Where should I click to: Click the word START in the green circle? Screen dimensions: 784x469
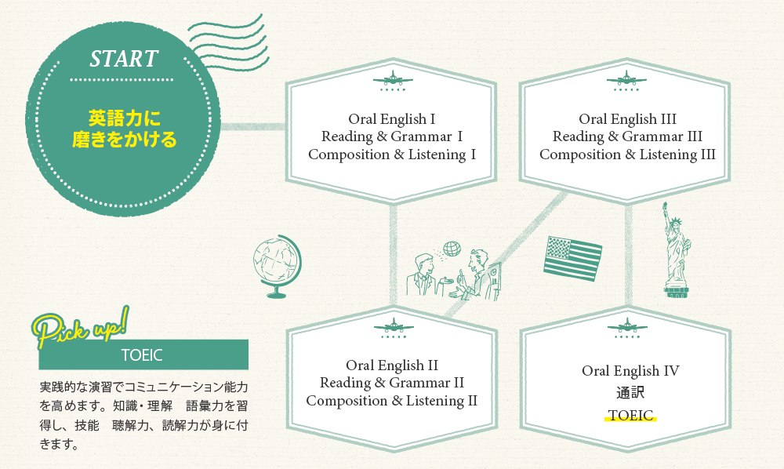[x=124, y=59]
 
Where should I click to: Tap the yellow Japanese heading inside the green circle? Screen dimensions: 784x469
[x=124, y=129]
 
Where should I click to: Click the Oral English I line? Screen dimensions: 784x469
[x=391, y=119]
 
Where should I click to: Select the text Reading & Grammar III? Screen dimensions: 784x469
[x=627, y=136]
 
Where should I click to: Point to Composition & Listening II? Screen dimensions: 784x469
[x=391, y=401]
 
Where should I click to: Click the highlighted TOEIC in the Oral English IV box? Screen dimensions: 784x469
[x=630, y=415]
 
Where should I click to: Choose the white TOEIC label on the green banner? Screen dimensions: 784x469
[x=142, y=355]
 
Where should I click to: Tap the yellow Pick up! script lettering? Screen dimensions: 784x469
[x=82, y=328]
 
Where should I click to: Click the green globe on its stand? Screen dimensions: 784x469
[x=277, y=266]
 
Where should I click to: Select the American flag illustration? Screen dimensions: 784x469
[x=572, y=257]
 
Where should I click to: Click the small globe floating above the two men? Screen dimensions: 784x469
[x=452, y=249]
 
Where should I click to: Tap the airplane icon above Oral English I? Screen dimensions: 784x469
[x=393, y=80]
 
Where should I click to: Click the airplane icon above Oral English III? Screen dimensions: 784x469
[x=626, y=80]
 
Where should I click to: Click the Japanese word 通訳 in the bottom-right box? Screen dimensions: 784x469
[x=630, y=392]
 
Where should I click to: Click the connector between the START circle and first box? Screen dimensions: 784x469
[x=253, y=126]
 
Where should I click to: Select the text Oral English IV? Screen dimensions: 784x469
[x=630, y=370]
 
